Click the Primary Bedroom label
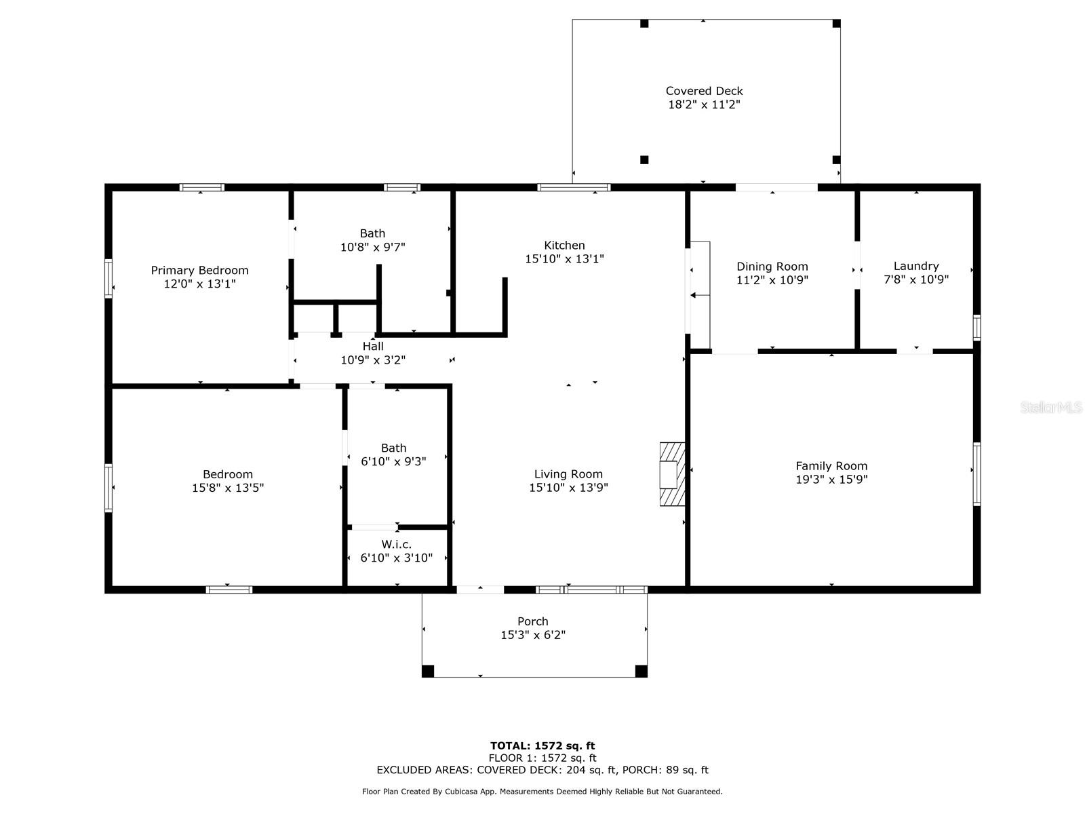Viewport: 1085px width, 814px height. pos(199,271)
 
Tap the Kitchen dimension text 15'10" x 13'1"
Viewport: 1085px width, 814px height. pos(564,259)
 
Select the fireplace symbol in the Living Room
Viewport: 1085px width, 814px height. pos(672,474)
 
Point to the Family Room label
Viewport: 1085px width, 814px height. pos(831,465)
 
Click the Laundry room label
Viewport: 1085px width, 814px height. pos(916,266)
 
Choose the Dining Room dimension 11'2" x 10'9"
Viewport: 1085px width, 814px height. pos(772,279)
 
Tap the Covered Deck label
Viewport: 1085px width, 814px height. pos(704,91)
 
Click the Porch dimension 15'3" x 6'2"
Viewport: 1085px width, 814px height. pos(533,635)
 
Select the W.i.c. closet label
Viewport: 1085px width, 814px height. pos(397,544)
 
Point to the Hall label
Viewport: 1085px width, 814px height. pos(373,346)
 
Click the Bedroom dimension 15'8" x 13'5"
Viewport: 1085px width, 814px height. pos(228,488)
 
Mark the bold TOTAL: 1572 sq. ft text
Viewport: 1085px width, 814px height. pos(542,745)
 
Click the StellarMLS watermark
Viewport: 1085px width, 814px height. pos(1051,408)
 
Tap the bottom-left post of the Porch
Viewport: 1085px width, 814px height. pos(428,671)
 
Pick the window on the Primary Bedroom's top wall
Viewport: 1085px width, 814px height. pos(201,187)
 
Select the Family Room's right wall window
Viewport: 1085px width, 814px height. pos(976,474)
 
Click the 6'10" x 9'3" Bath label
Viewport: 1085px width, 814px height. pos(393,448)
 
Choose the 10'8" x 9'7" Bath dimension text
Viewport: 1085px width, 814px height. pos(373,247)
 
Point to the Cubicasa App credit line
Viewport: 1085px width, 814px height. pos(542,791)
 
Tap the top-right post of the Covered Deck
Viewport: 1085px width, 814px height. pos(836,23)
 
